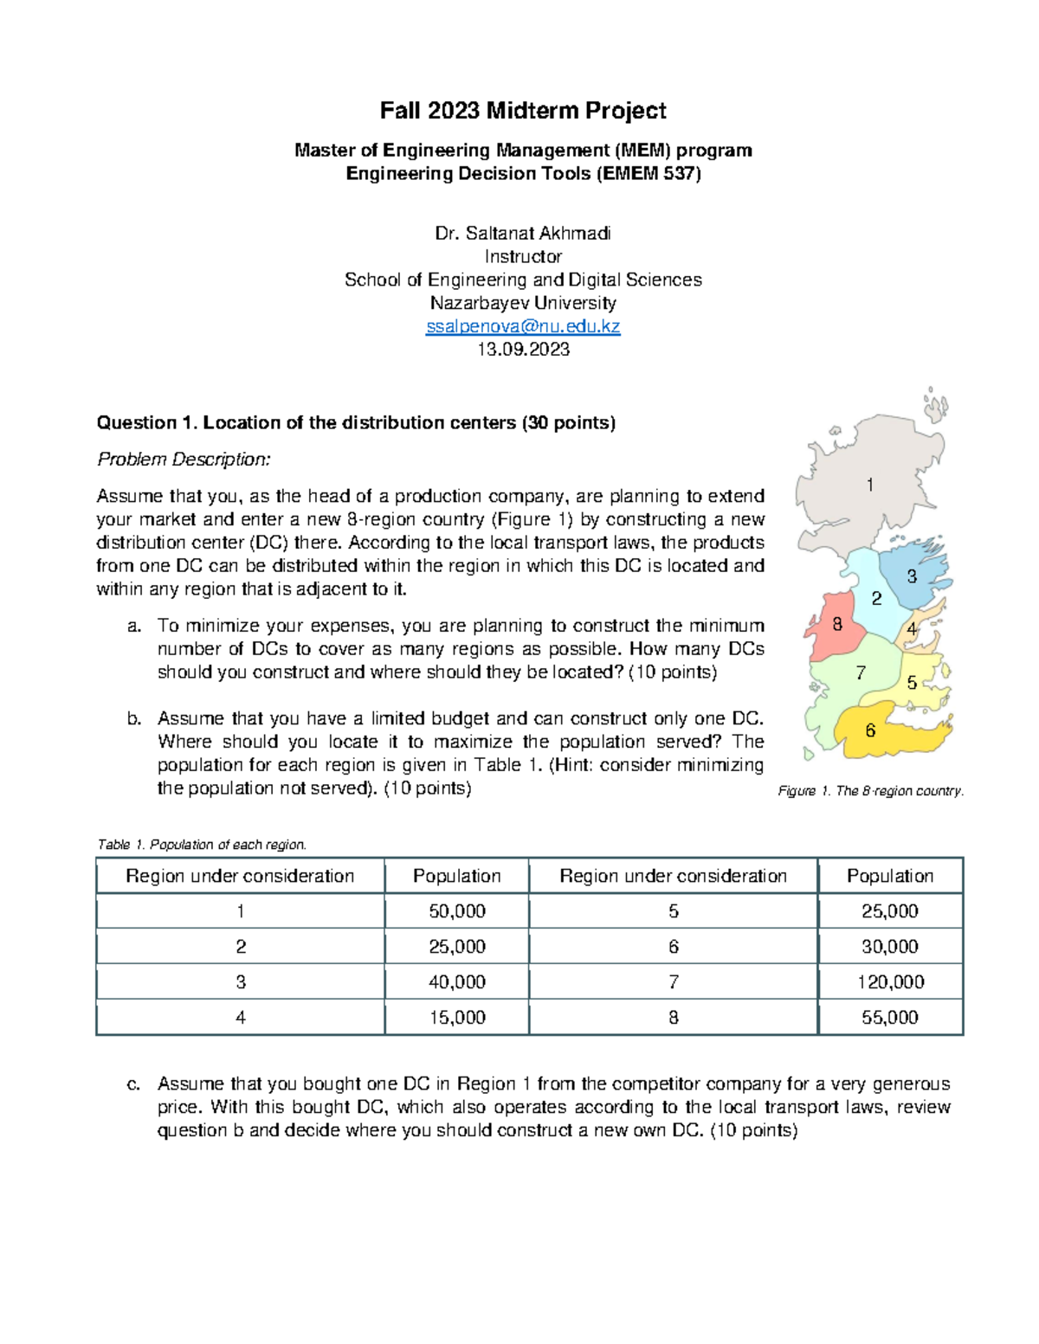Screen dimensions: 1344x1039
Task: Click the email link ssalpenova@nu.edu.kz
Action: tap(523, 326)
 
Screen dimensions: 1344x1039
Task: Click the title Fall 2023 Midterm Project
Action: tap(523, 111)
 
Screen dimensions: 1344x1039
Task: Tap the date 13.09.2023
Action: tap(523, 350)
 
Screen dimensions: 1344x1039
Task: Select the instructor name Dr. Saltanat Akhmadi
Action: tap(523, 233)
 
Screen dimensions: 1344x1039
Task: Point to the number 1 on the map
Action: tap(870, 486)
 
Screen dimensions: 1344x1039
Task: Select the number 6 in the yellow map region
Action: tap(870, 730)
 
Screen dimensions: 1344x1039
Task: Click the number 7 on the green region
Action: tap(861, 672)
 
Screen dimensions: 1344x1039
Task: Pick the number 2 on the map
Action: tap(876, 598)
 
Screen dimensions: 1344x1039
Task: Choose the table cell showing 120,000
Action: tap(890, 982)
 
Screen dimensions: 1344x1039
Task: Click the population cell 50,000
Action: tap(456, 911)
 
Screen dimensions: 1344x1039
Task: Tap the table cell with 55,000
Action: tap(890, 1018)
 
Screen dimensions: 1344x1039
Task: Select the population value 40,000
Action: tap(456, 982)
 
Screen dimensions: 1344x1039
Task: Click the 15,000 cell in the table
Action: tap(456, 1018)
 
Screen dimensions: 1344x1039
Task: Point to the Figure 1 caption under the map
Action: tap(870, 791)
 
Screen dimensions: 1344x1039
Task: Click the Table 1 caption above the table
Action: tap(202, 845)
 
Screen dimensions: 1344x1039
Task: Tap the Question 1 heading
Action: tap(356, 423)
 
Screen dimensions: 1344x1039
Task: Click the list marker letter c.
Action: tap(133, 1084)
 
